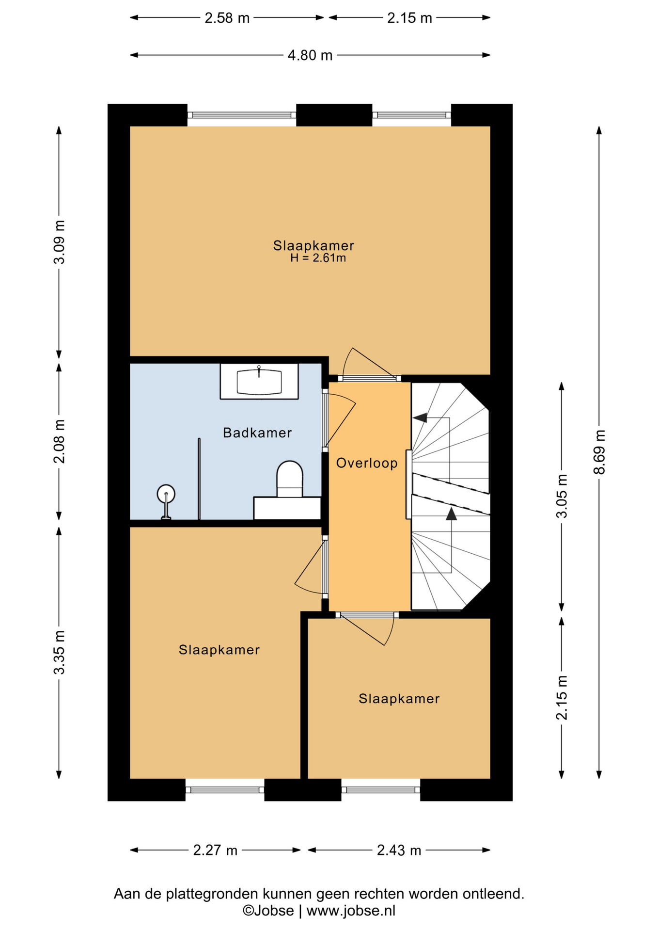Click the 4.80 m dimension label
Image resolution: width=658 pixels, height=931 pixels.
click(x=310, y=55)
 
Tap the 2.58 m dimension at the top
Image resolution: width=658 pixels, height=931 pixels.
click(x=227, y=18)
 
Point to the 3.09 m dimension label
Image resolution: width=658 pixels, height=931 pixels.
click(x=59, y=241)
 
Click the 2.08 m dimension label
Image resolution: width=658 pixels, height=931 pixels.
click(x=59, y=441)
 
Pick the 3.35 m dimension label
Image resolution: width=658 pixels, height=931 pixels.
click(x=59, y=653)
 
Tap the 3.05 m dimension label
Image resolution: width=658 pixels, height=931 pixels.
click(x=562, y=496)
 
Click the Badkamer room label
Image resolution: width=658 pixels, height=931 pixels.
click(x=257, y=433)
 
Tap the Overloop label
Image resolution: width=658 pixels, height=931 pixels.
click(x=367, y=463)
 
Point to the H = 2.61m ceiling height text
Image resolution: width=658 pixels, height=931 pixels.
click(x=318, y=258)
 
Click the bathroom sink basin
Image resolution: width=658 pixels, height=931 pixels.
click(x=259, y=382)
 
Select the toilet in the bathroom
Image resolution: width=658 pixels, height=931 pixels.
click(x=290, y=479)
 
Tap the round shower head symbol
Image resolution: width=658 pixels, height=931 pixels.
click(x=166, y=494)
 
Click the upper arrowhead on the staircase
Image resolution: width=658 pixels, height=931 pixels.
click(x=420, y=417)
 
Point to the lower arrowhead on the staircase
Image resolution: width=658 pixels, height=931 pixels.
click(x=452, y=514)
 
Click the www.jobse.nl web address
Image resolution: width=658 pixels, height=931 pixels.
click(x=351, y=911)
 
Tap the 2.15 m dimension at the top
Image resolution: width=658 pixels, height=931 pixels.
click(x=409, y=18)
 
